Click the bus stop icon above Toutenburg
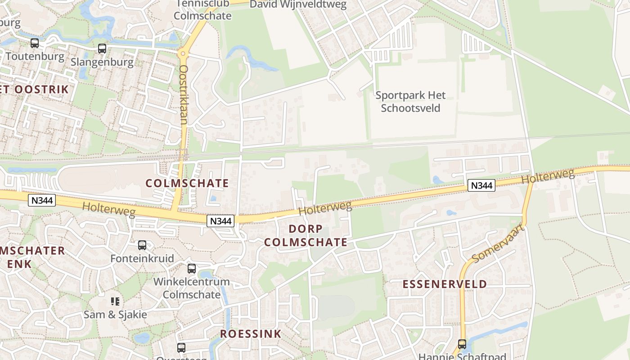point(35,43)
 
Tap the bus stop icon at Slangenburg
point(102,49)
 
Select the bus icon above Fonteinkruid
point(142,245)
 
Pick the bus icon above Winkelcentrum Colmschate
point(192,269)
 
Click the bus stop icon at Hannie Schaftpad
point(462,344)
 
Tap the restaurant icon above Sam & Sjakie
point(115,301)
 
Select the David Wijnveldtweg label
point(298,4)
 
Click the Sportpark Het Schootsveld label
point(410,102)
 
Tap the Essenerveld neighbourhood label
point(445,284)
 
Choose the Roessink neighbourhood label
point(251,334)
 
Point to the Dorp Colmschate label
point(306,235)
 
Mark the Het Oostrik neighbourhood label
point(34,89)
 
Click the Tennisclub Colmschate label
point(202,9)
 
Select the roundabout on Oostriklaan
point(183,54)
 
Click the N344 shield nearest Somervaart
point(481,185)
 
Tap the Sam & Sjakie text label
point(115,314)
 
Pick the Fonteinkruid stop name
point(142,259)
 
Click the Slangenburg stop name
point(102,62)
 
